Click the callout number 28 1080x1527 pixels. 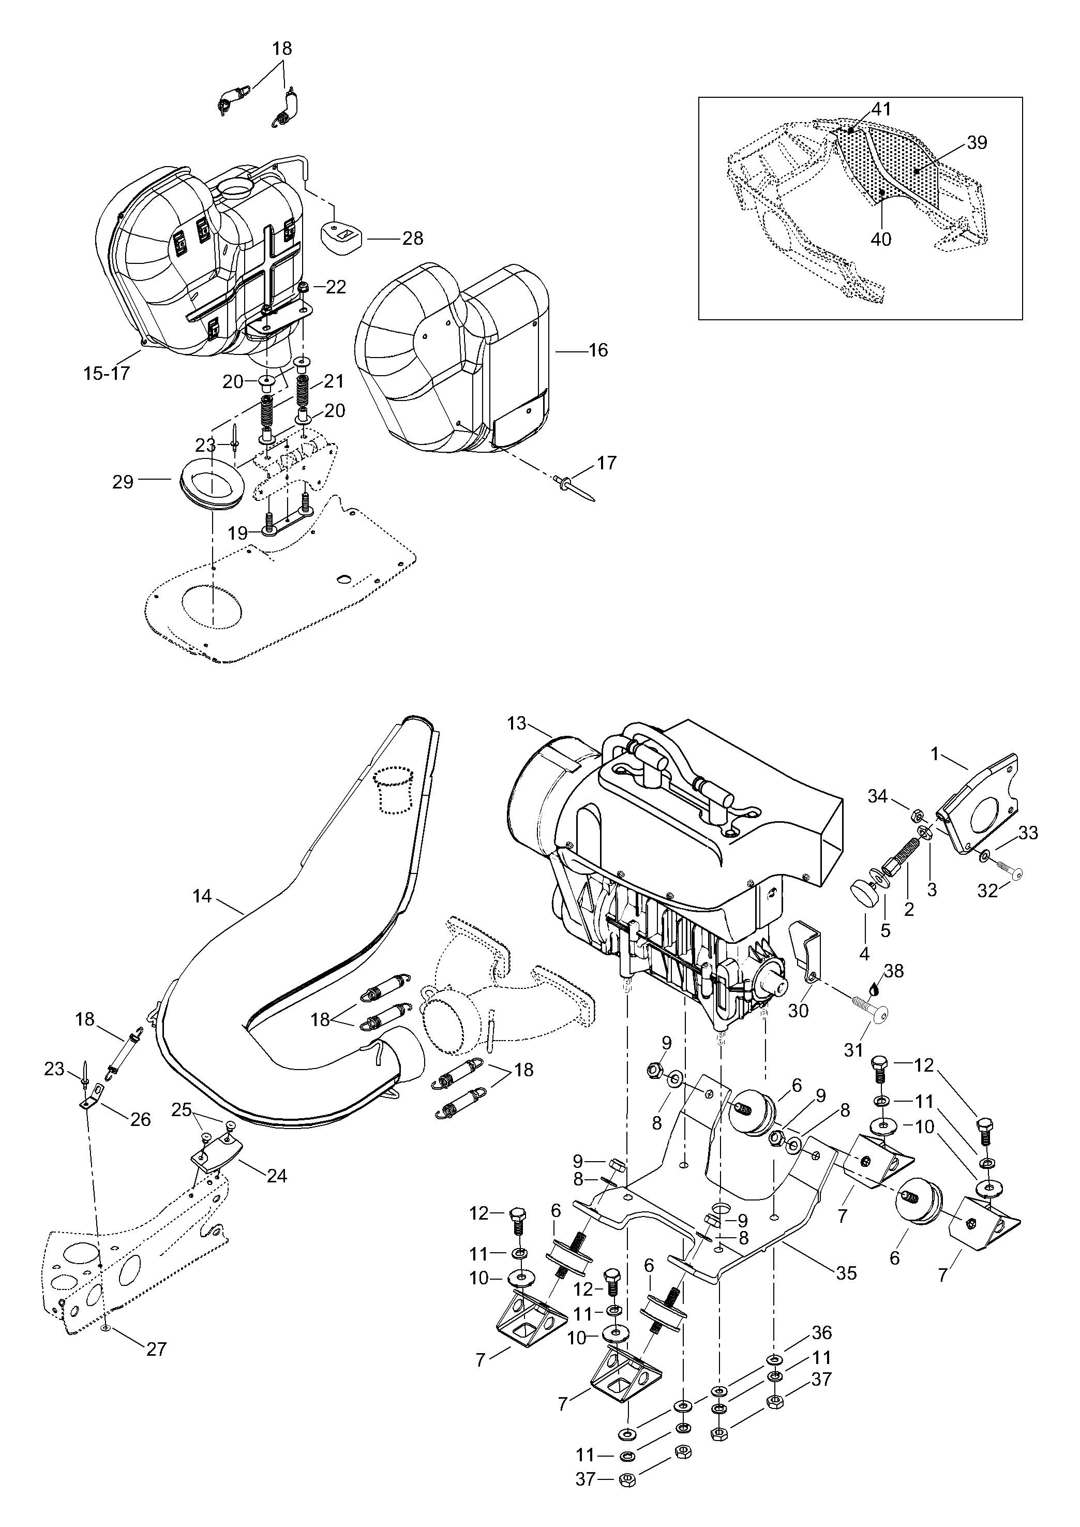click(412, 238)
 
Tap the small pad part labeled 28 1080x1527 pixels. click(340, 235)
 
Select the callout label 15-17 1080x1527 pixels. click(107, 373)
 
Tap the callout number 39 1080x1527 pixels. click(977, 142)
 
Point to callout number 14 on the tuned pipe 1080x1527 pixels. click(202, 896)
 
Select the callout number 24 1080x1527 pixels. click(277, 1176)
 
